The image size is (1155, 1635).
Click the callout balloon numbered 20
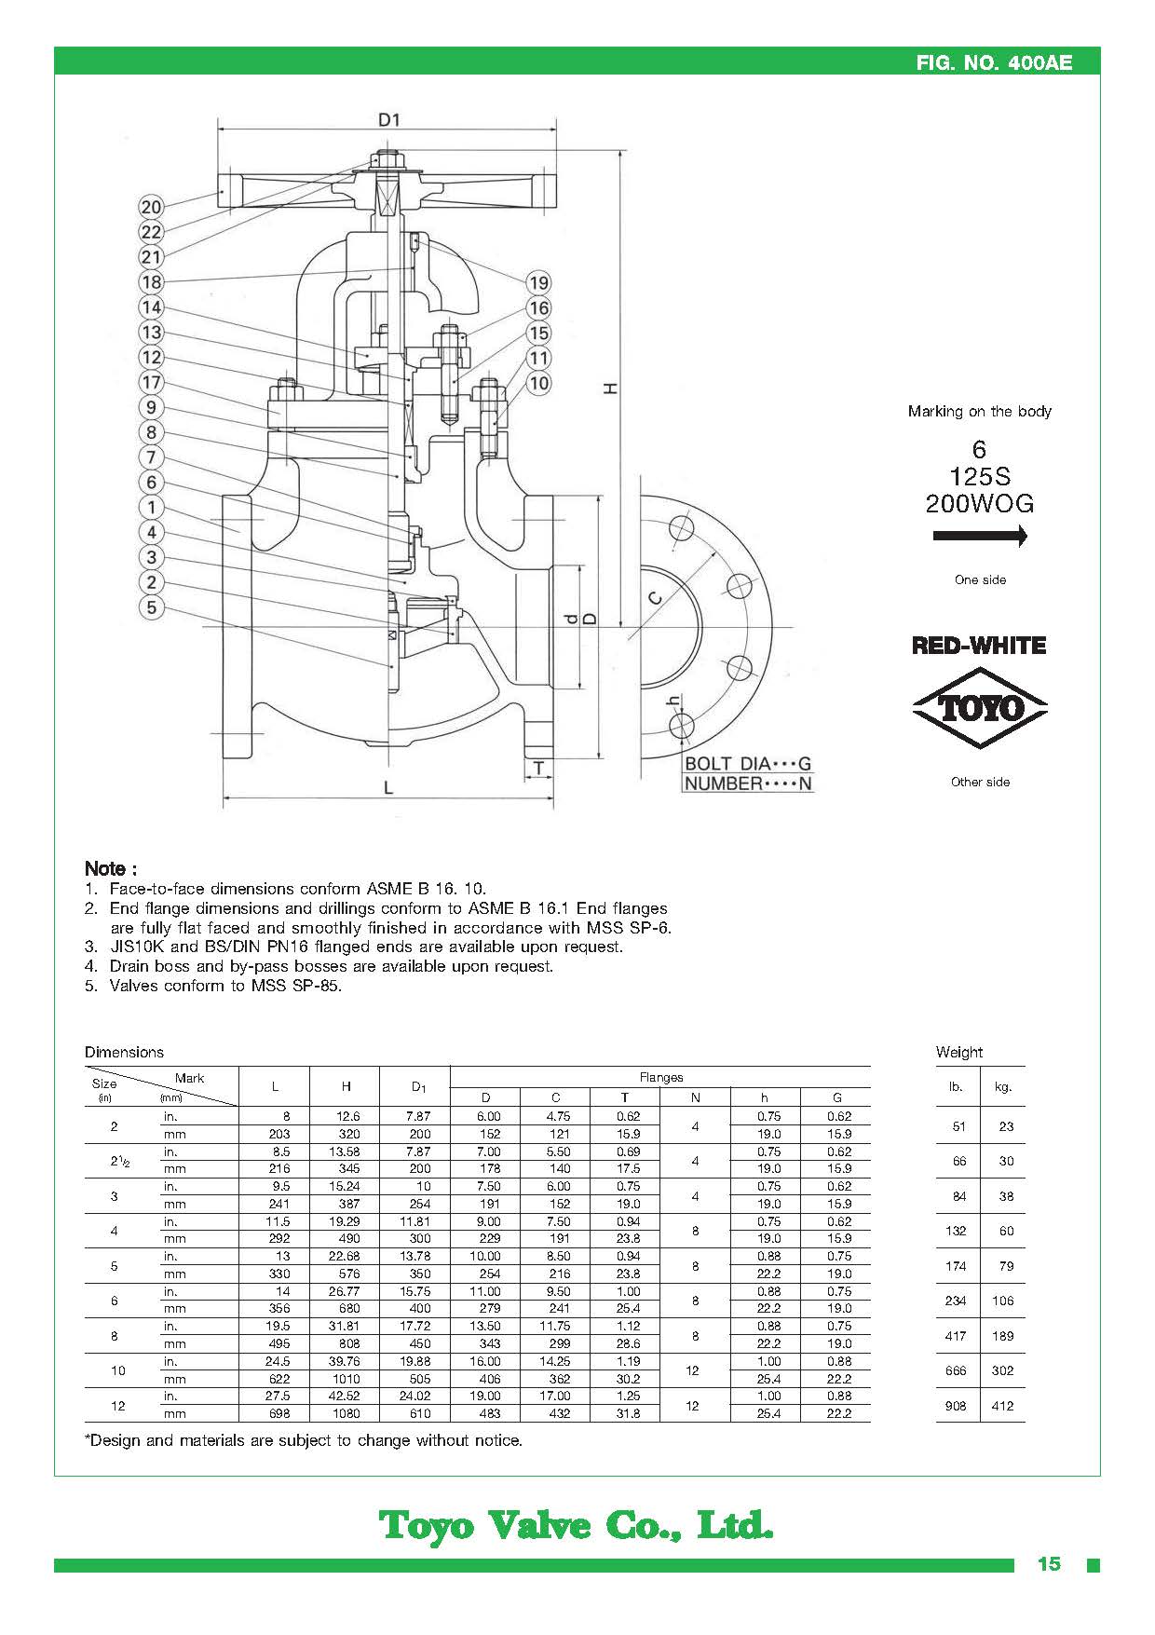click(151, 207)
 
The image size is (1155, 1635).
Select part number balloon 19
click(538, 282)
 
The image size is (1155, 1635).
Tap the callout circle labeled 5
click(151, 607)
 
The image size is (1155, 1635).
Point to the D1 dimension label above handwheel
click(388, 119)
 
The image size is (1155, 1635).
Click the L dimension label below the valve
click(388, 788)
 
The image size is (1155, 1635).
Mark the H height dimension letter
click(611, 388)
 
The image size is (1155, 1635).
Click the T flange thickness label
click(538, 769)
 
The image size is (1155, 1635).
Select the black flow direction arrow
click(980, 536)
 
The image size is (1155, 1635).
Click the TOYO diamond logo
click(980, 708)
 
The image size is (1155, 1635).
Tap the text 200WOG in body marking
click(980, 504)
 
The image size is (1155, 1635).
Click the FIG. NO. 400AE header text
click(994, 62)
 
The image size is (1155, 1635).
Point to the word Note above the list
click(111, 868)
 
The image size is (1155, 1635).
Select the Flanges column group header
click(661, 1077)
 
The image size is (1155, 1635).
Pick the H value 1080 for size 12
click(346, 1413)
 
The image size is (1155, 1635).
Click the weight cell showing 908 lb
click(956, 1406)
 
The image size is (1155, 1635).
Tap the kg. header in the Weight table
click(1003, 1087)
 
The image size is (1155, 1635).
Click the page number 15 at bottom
click(1049, 1564)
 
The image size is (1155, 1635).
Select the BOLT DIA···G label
click(748, 764)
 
